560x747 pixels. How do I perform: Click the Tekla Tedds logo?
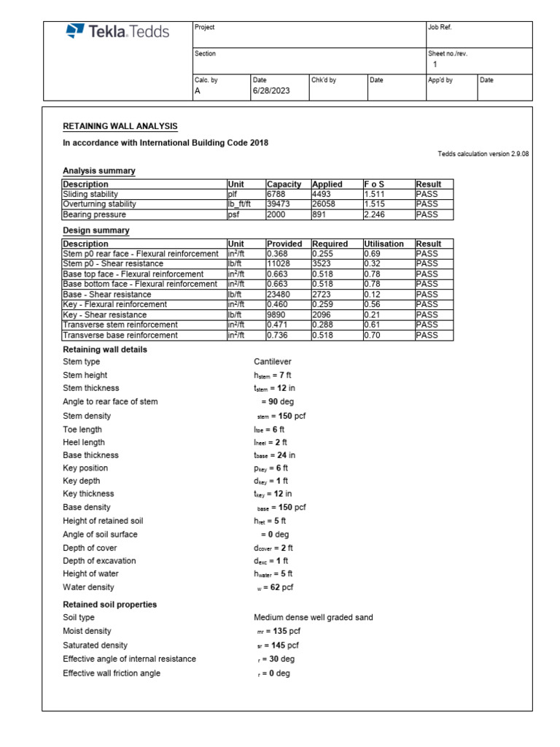tap(117, 31)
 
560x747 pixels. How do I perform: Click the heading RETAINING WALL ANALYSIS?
tap(120, 126)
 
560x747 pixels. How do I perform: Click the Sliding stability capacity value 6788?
tap(278, 195)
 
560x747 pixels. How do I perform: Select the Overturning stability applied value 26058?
tap(324, 205)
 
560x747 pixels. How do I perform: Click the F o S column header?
tap(375, 185)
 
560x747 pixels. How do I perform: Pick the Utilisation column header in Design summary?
tap(384, 244)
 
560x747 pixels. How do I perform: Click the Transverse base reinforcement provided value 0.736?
tap(278, 336)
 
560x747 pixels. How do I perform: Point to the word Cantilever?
tap(272, 362)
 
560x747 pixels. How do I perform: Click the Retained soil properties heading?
tap(110, 605)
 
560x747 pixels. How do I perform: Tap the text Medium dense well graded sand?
tap(313, 618)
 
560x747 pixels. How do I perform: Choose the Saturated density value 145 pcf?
tap(273, 646)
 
